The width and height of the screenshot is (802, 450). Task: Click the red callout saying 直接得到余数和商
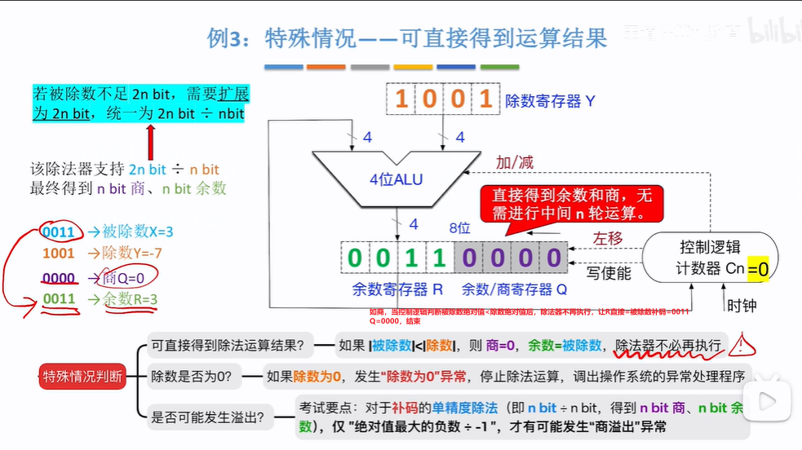[x=572, y=205]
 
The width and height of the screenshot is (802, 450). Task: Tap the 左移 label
[x=608, y=239]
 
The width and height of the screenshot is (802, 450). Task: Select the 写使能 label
[x=609, y=273]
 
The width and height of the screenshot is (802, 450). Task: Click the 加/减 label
[x=515, y=162]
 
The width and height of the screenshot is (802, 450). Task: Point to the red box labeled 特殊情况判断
[x=83, y=376]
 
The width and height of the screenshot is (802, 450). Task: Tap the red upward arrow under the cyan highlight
[x=149, y=143]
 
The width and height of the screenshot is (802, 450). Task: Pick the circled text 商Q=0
[x=124, y=278]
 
